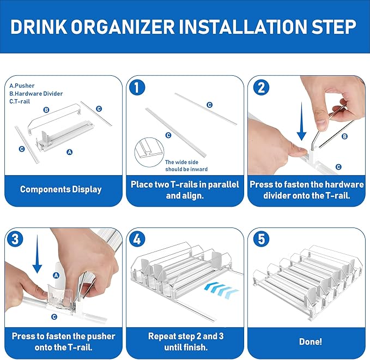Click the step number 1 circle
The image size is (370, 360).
point(137,87)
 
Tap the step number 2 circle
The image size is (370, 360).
point(261,87)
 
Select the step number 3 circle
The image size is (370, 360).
point(15,239)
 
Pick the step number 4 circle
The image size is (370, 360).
point(137,239)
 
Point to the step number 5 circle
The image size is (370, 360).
point(261,239)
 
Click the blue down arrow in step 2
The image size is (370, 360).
point(301,121)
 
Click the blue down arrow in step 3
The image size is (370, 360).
point(37,254)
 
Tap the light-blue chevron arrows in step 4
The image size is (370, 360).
point(221,290)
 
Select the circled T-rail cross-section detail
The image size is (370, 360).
point(149,152)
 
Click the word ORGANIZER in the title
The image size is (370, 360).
point(123,27)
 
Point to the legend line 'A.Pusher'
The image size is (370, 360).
point(22,86)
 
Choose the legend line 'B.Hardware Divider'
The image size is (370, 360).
point(36,93)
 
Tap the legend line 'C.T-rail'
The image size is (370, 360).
point(20,101)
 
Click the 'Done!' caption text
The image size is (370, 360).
point(310,341)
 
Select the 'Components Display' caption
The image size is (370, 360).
point(61,189)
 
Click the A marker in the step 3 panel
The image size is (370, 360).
point(56,275)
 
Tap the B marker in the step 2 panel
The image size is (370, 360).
point(344,136)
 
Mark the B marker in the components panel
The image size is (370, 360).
point(46,110)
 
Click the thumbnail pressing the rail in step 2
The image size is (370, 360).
point(300,151)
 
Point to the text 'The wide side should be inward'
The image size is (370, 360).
point(186,166)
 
